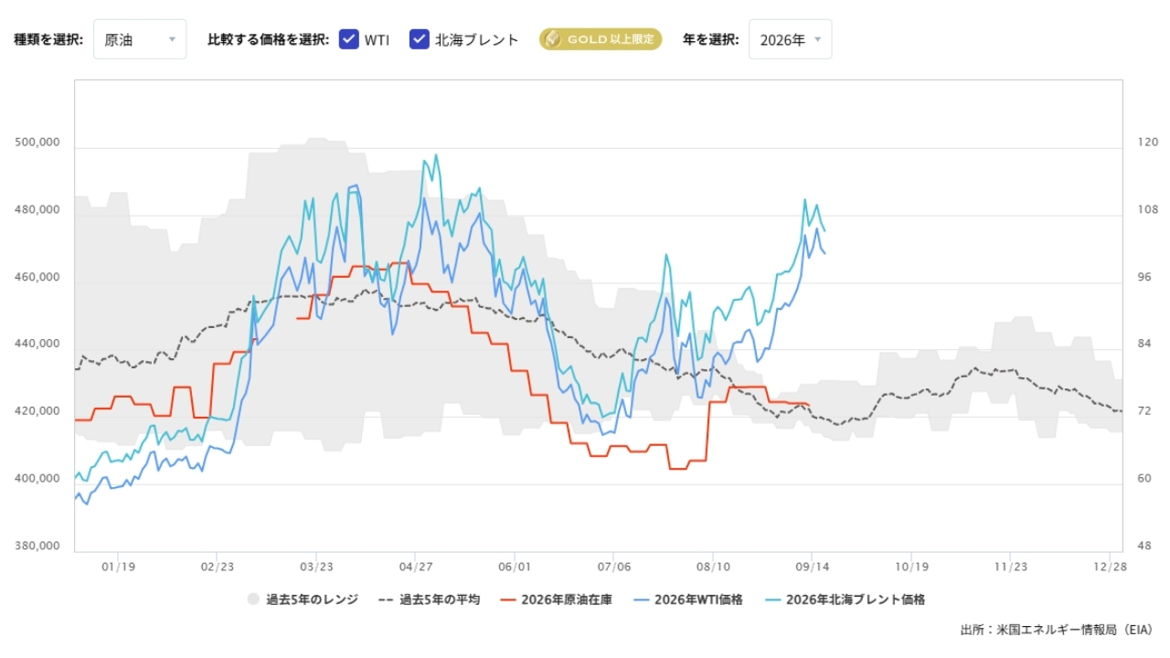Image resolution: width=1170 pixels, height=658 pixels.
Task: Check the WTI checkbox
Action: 348,39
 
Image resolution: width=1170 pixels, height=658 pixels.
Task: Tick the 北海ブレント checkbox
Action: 419,39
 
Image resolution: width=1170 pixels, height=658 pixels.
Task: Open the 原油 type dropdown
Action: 140,39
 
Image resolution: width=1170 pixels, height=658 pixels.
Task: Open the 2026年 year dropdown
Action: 790,39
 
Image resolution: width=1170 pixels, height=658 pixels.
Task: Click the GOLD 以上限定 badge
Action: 601,39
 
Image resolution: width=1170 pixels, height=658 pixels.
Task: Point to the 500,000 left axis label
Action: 37,142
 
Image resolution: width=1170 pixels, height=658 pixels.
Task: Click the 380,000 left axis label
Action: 37,546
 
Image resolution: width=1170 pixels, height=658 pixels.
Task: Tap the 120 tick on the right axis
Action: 1147,142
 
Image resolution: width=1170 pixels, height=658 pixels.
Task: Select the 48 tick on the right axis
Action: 1143,546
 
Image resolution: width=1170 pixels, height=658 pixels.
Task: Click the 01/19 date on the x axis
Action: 118,568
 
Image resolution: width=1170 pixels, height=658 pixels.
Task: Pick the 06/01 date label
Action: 515,568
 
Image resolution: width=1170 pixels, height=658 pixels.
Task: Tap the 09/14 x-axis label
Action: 813,568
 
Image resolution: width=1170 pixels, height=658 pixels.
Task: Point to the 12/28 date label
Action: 1110,568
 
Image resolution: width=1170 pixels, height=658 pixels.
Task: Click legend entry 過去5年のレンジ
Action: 303,600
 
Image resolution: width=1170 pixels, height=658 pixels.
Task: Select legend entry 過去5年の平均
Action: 429,600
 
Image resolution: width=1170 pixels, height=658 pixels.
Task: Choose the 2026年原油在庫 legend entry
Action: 556,600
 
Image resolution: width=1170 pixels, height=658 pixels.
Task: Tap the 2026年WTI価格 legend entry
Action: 687,600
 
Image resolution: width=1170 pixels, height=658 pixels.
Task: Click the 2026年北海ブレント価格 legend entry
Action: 845,600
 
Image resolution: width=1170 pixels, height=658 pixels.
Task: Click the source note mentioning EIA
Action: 1056,630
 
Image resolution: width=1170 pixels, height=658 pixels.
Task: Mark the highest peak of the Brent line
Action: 436,154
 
